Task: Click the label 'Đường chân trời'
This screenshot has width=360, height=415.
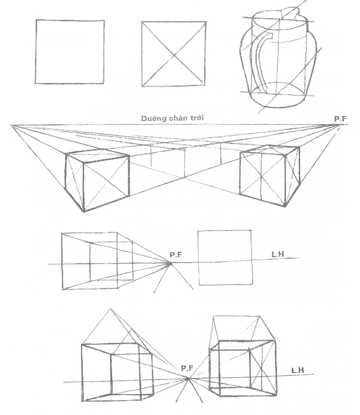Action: pos(172,118)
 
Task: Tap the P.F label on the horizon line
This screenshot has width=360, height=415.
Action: pos(340,118)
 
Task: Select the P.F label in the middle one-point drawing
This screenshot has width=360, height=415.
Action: pos(176,255)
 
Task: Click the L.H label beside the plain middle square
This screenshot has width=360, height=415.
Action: pos(278,254)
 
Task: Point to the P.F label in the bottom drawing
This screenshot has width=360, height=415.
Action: pos(187,368)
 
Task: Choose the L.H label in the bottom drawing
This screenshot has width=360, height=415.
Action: pos(298,371)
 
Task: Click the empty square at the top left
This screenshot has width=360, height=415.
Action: pos(70,52)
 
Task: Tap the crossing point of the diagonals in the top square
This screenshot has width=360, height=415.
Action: pos(173,55)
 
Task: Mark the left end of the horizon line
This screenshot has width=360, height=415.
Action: pos(11,125)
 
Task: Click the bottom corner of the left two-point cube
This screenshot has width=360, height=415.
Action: pos(84,211)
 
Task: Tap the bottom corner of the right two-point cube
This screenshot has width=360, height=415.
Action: pos(284,206)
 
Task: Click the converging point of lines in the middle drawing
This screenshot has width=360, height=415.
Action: pos(170,263)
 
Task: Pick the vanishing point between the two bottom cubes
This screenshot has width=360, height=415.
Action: pos(188,379)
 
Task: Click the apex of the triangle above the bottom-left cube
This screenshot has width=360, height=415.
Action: pos(111,309)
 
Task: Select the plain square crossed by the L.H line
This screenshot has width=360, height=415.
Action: pos(225,258)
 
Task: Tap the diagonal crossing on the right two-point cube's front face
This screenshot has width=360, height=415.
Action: pos(262,175)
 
